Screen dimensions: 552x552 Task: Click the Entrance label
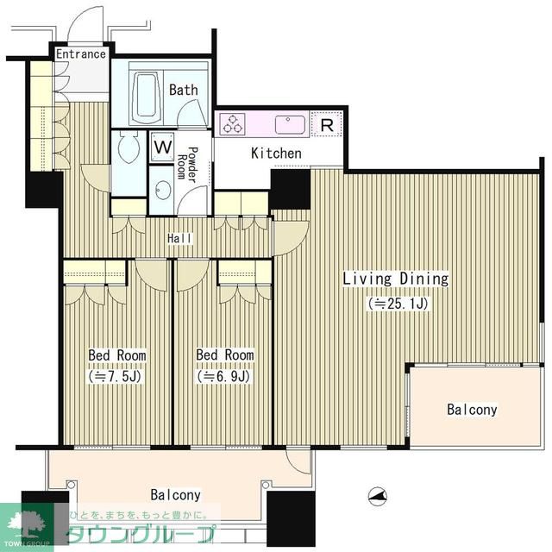coord(81,53)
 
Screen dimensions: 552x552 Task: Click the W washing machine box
coord(163,147)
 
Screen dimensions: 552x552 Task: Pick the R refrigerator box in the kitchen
coord(327,124)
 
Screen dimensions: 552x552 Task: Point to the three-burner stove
coord(232,124)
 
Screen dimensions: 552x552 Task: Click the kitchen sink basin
coord(290,124)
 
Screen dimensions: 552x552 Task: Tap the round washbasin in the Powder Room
coord(163,190)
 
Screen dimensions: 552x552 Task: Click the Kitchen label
coord(276,154)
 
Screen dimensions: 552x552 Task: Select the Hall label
coord(180,238)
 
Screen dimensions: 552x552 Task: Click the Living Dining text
coord(396,279)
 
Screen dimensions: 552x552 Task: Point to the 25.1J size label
coord(398,303)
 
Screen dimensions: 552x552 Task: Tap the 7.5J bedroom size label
coord(115,376)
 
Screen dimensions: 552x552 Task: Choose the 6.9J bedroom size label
coord(224,376)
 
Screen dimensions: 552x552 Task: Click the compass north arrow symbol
coord(378,497)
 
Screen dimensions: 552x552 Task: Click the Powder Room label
coord(187,164)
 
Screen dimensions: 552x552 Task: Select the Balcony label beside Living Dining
coord(472,410)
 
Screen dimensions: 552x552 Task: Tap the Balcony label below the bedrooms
coord(175,495)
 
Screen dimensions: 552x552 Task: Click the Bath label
coord(184,90)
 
